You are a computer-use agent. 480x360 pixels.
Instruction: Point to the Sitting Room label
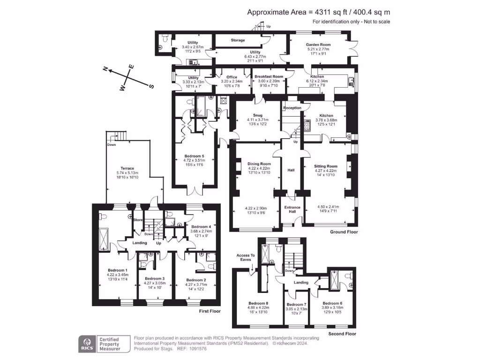tap(325, 166)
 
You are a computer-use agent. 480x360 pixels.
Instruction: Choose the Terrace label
tap(127, 168)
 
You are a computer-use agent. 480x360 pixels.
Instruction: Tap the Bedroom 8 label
tap(258, 303)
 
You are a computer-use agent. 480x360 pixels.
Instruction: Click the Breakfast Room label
tap(269, 76)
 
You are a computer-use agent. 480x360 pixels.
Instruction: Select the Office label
tap(232, 77)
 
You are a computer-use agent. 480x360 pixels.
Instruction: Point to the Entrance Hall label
tap(292, 210)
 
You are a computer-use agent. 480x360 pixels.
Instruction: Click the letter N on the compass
tap(106, 70)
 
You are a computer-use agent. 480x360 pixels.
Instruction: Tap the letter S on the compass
tap(151, 86)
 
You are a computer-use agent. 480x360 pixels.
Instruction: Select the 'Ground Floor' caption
tap(345, 232)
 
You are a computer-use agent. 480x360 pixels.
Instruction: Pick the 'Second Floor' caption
tap(342, 334)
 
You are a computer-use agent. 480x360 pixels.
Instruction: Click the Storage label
tap(238, 40)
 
